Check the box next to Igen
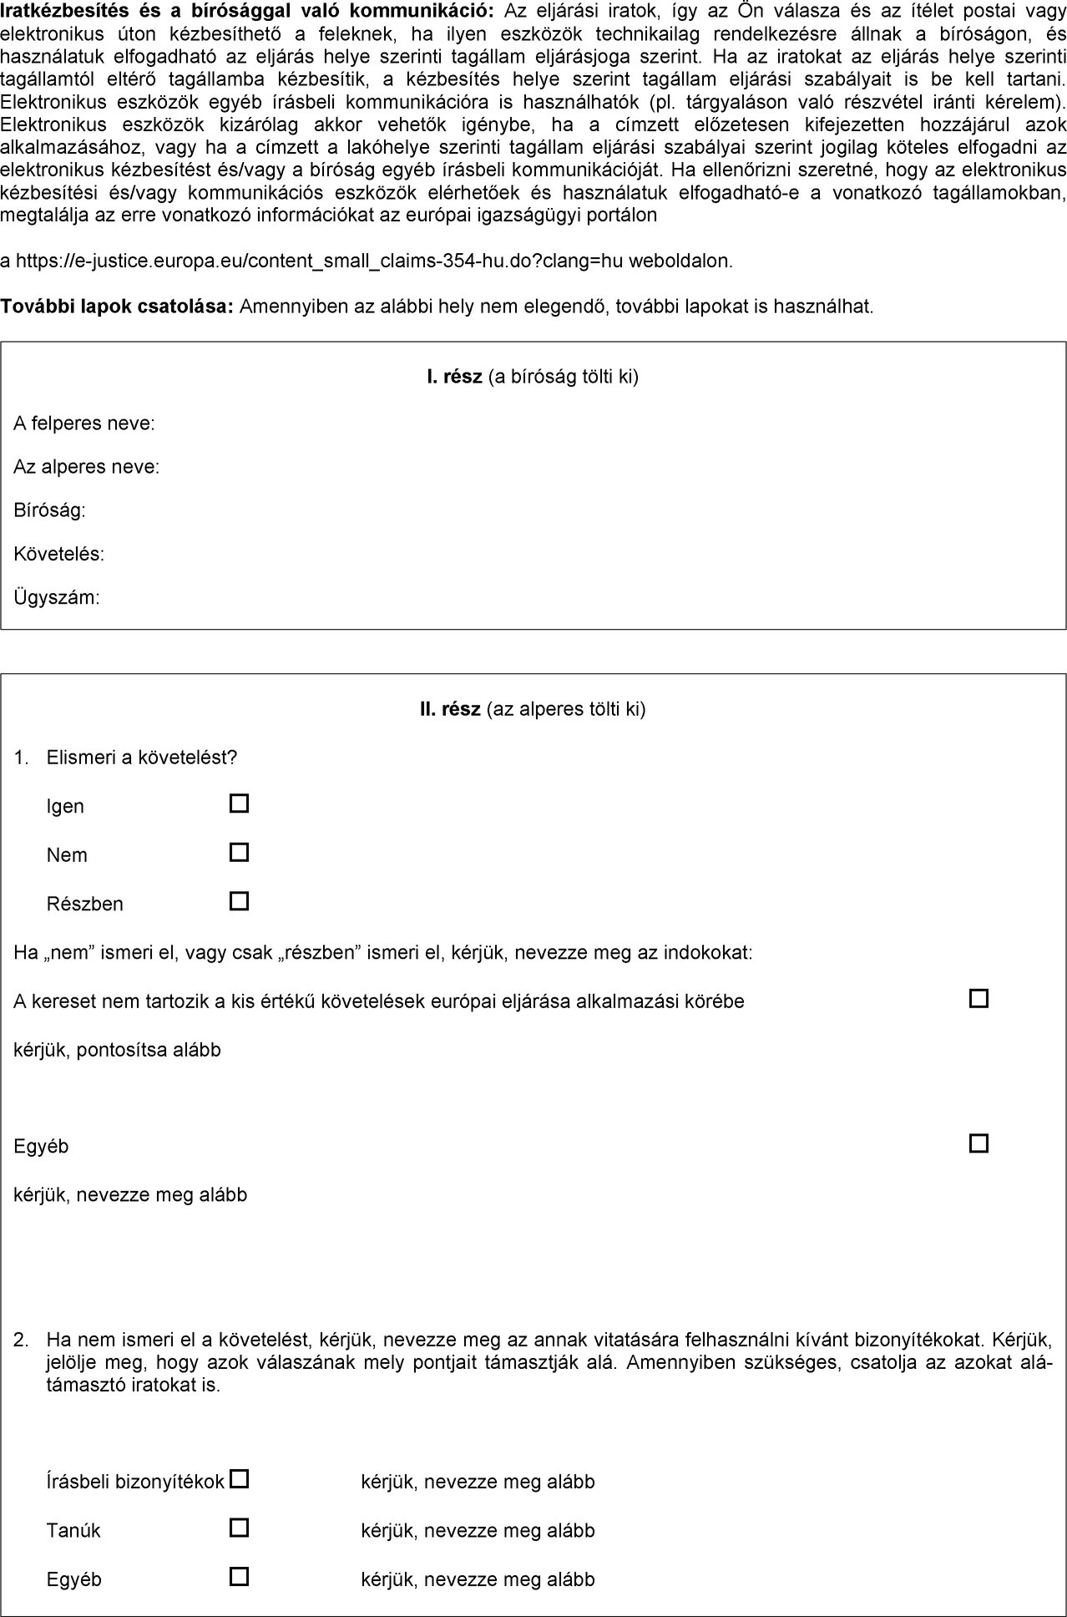[x=240, y=803]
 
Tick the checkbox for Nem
[x=240, y=853]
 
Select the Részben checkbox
[x=240, y=901]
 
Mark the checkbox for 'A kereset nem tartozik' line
[x=979, y=998]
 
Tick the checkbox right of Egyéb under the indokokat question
[x=979, y=1143]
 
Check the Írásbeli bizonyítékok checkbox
[x=240, y=1479]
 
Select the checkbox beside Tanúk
[x=240, y=1528]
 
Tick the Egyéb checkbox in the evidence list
[x=240, y=1577]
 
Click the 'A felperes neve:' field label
[x=84, y=423]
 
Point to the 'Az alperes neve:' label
[x=87, y=467]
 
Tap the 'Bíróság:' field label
[x=50, y=510]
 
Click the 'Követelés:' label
[x=59, y=554]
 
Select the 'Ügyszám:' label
[x=57, y=598]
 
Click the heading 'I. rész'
[x=454, y=377]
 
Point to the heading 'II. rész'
[x=450, y=709]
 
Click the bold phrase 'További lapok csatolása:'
[x=117, y=307]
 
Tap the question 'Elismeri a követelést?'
[x=142, y=758]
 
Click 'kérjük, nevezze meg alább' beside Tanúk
[x=478, y=1530]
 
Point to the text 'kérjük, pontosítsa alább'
[x=117, y=1050]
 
